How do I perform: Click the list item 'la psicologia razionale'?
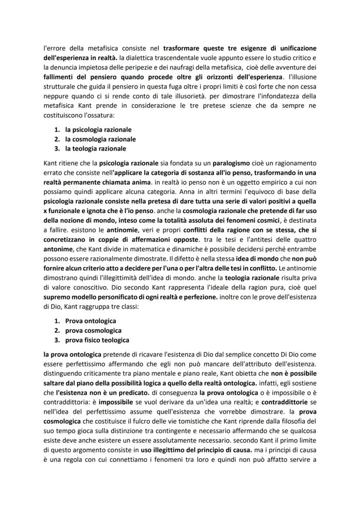click(98, 130)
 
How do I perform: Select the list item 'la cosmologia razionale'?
click(100, 139)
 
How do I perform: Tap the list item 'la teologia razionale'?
click(96, 149)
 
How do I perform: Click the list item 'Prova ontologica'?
click(90, 321)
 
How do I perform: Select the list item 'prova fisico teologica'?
click(97, 340)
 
